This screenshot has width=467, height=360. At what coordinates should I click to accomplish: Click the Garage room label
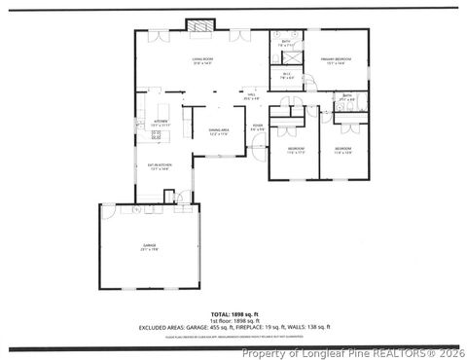coord(149,249)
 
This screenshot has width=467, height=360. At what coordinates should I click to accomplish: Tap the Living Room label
coord(202,62)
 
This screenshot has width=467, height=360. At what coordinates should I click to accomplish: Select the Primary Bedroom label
coord(337,62)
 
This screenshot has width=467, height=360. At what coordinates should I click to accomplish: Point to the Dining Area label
coord(218,131)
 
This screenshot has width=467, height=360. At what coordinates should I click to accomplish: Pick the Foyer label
coord(258,126)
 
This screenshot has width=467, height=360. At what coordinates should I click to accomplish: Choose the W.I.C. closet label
coord(287,77)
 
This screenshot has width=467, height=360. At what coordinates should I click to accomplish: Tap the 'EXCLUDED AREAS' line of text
coord(233,327)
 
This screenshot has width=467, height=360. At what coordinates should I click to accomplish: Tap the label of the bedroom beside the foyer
coord(295,151)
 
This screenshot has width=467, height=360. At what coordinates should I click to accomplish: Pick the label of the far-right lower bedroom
coord(344,151)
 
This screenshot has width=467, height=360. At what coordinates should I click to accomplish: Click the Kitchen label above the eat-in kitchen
coord(161,124)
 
